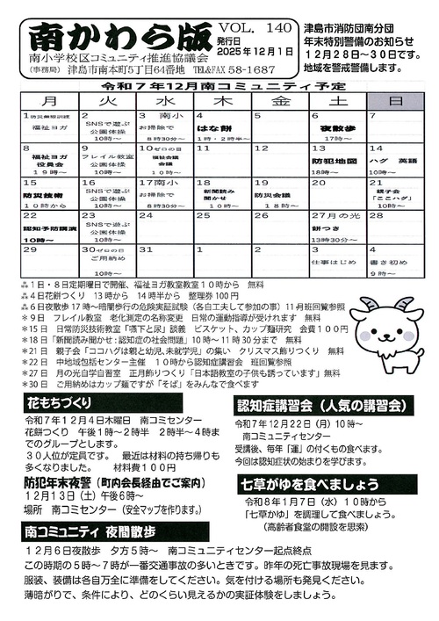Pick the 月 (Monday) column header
point(50,103)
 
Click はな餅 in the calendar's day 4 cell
point(211,128)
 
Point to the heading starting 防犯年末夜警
point(122,481)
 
